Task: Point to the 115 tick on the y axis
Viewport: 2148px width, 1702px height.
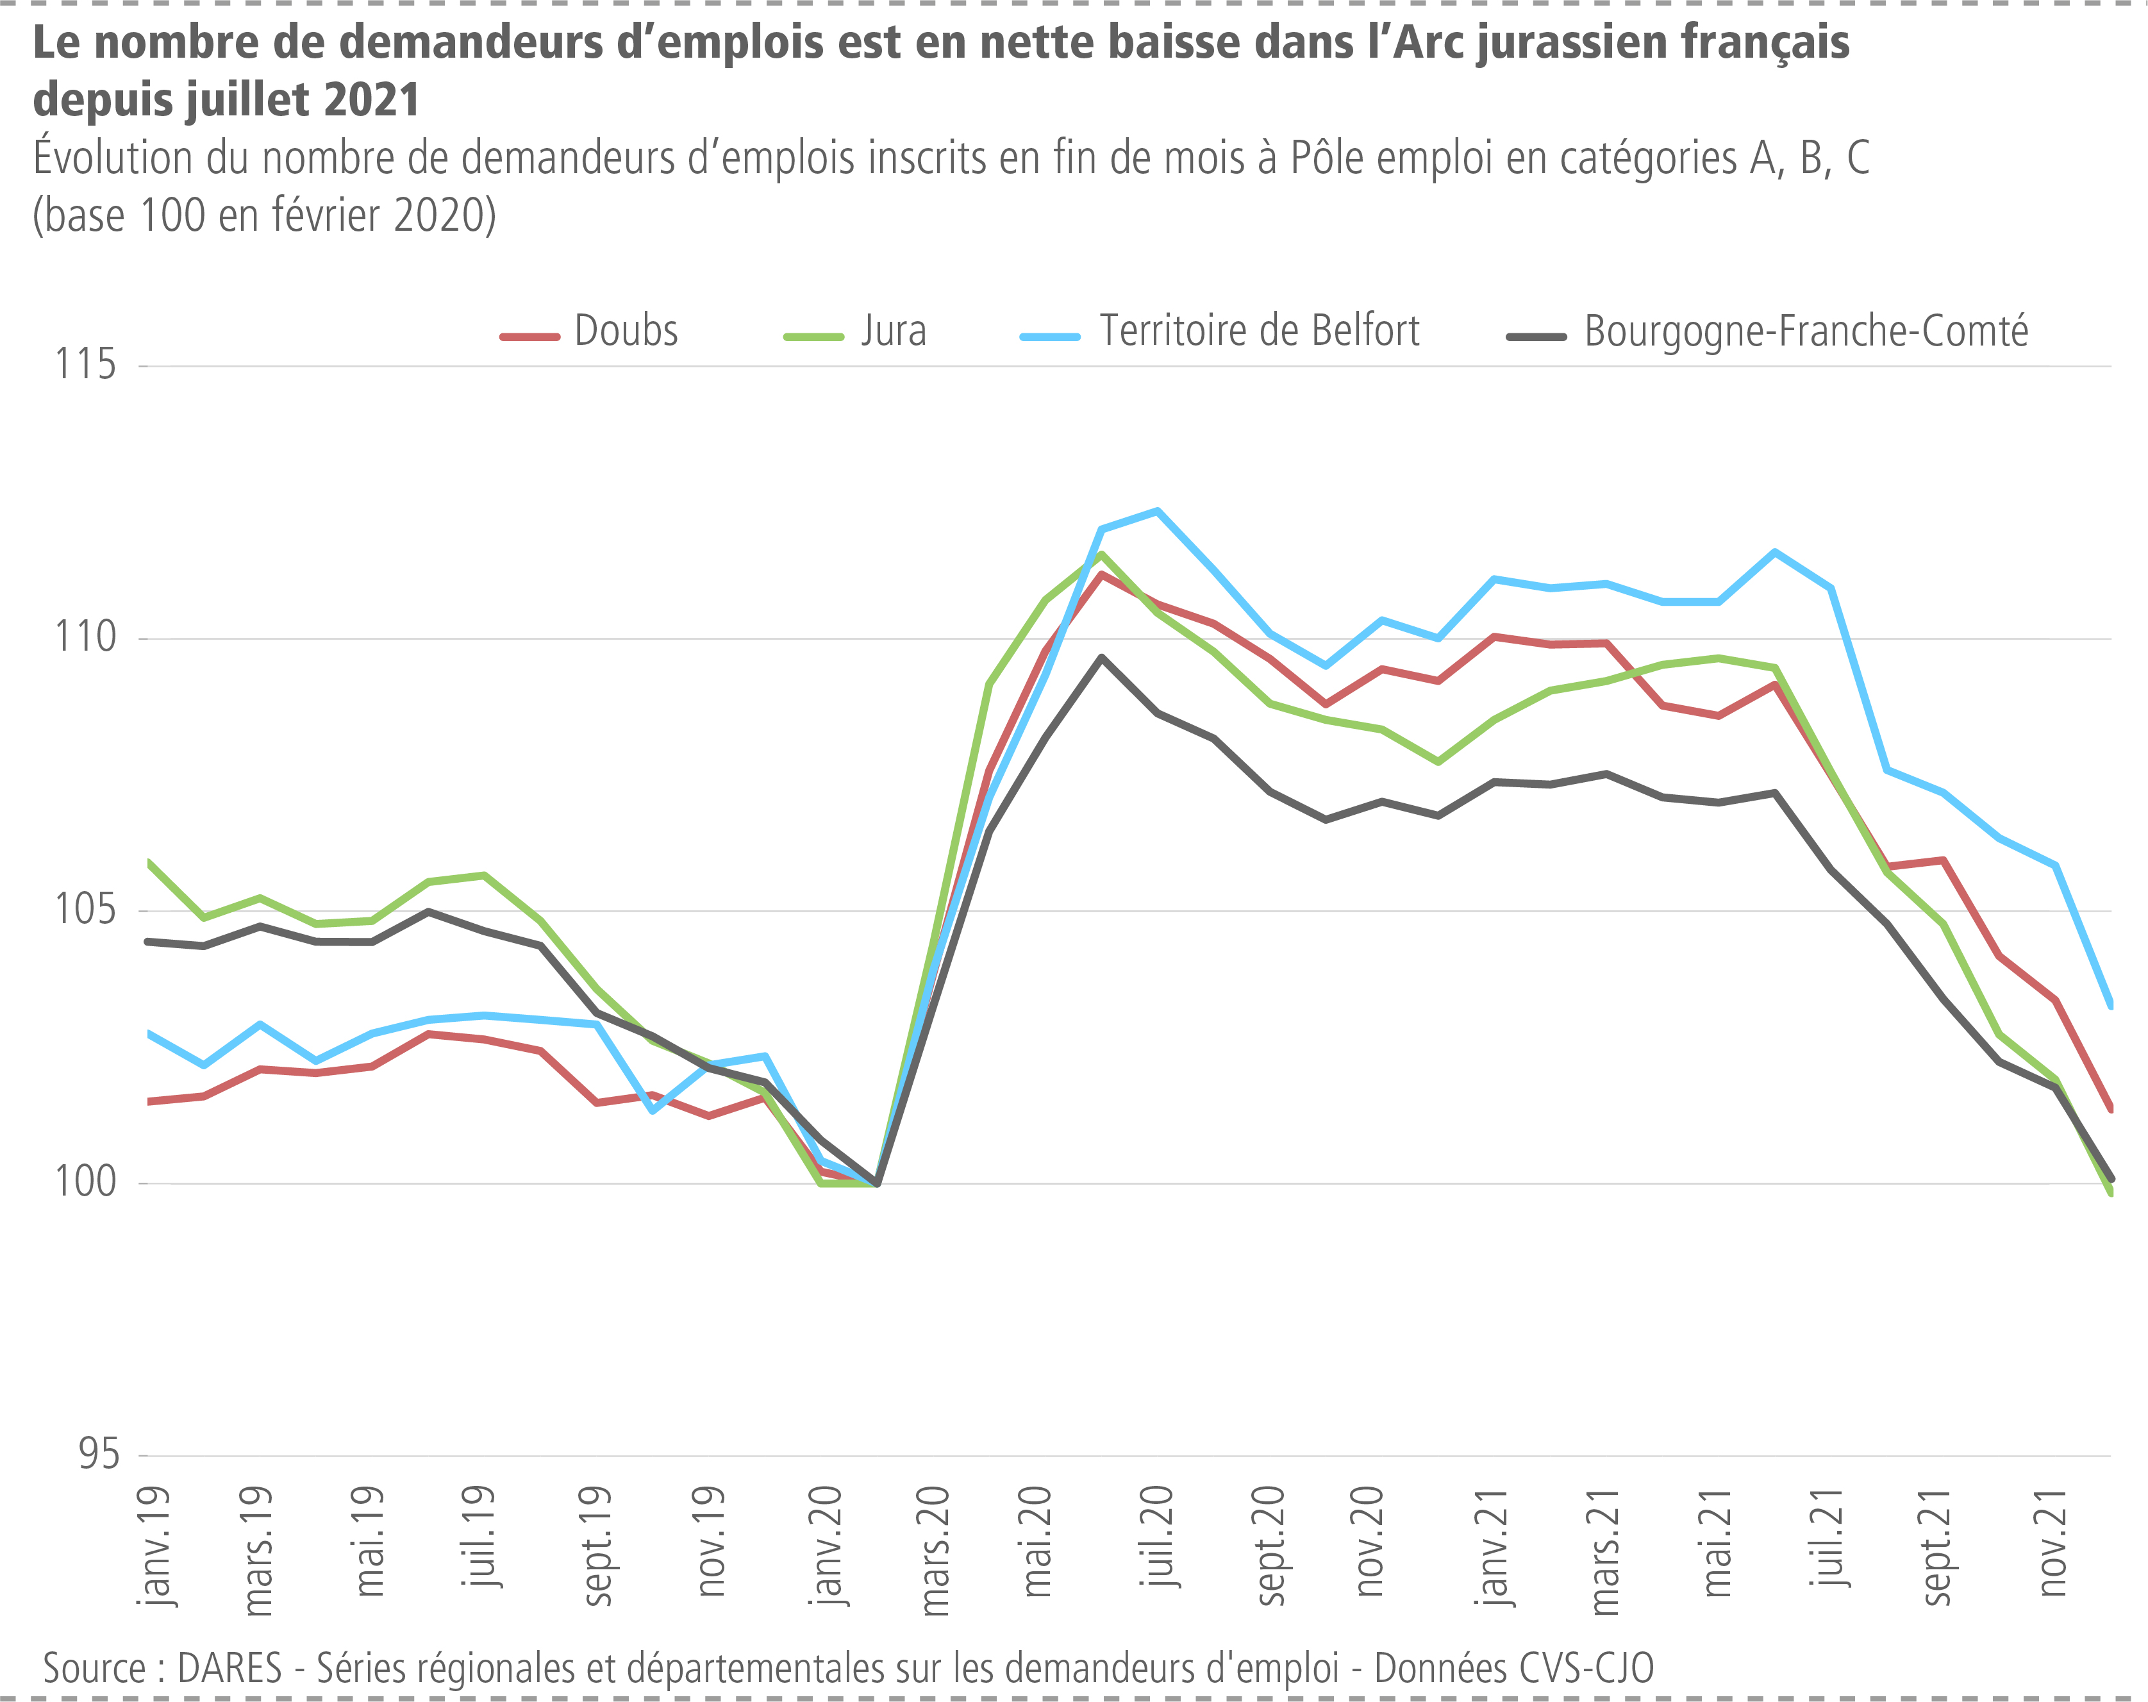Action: (86, 365)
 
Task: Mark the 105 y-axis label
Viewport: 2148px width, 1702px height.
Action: (86, 909)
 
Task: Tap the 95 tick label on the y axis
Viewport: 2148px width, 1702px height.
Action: (99, 1455)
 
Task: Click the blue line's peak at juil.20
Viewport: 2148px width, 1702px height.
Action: (1157, 511)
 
